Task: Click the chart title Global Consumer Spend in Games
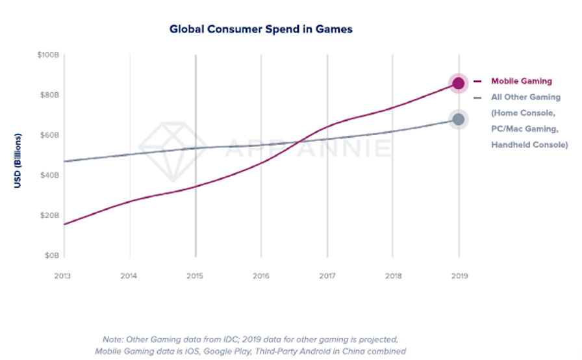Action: [x=261, y=29]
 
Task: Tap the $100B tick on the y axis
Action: [x=48, y=55]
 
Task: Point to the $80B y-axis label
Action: [x=49, y=95]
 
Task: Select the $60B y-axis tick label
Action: [x=49, y=135]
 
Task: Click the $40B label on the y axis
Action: [x=49, y=175]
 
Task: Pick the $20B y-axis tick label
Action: [x=49, y=215]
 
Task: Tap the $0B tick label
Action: [x=51, y=255]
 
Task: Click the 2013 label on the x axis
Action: [x=64, y=275]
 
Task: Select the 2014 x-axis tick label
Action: [x=129, y=275]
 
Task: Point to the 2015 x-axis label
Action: [x=195, y=275]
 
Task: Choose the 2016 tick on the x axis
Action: [x=261, y=275]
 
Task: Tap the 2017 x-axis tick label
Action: [x=327, y=275]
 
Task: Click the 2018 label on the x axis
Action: [x=392, y=275]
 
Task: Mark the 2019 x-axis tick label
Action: [x=459, y=275]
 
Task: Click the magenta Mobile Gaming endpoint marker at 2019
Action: [x=459, y=83]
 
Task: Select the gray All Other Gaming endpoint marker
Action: [x=459, y=120]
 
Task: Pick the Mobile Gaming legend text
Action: [x=521, y=81]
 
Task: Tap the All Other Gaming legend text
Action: [x=525, y=97]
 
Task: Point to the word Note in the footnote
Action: [x=113, y=339]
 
